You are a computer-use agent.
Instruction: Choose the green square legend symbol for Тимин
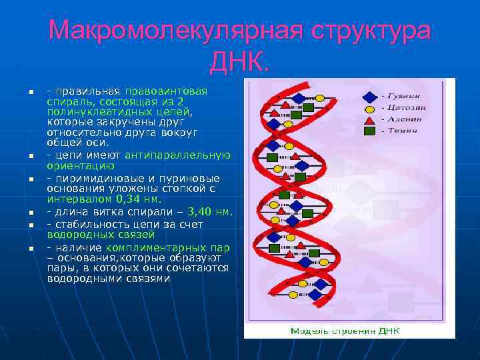click(369, 131)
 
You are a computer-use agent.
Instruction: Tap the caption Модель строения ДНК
click(345, 331)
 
